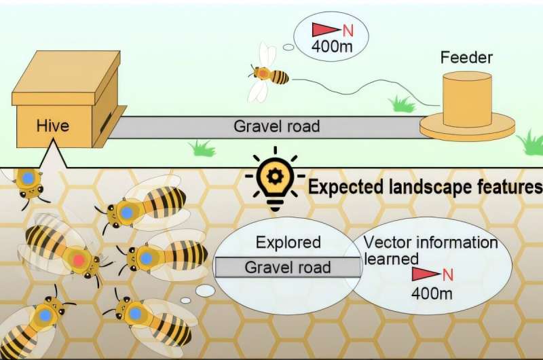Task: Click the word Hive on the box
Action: (x=53, y=125)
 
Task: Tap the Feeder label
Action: (x=467, y=58)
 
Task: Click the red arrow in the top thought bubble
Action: (x=322, y=30)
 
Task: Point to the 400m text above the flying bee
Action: (x=330, y=48)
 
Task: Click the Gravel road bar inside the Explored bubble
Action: (x=288, y=267)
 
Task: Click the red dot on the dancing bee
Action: (x=79, y=259)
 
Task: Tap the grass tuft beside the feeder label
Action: (x=402, y=103)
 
